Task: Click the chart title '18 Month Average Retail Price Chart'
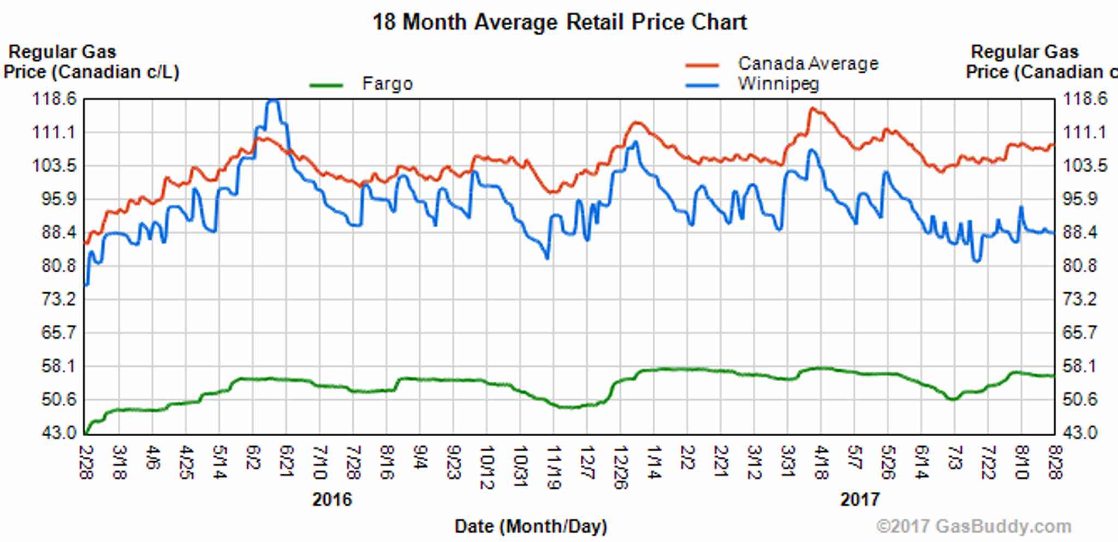click(x=559, y=22)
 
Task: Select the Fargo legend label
click(x=387, y=84)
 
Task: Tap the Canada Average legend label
click(x=808, y=64)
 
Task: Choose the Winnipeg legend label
click(x=778, y=84)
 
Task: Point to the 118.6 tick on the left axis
click(x=55, y=99)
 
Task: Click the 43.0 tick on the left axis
click(x=60, y=433)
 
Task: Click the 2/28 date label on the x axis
click(x=86, y=462)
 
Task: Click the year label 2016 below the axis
click(x=332, y=499)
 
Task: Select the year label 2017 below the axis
click(x=860, y=499)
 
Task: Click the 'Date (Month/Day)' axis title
click(x=531, y=526)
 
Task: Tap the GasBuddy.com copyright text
click(x=973, y=527)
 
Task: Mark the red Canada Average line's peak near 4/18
click(x=812, y=109)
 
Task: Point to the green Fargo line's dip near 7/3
click(x=953, y=399)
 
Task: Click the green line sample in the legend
click(x=326, y=85)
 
